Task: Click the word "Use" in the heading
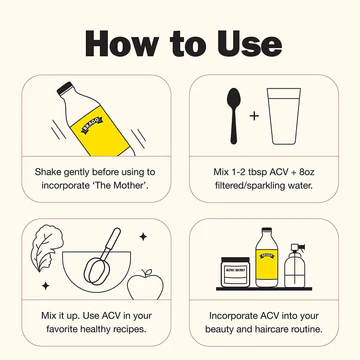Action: tap(249, 44)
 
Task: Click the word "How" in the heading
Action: tap(121, 44)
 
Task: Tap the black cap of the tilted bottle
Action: tap(65, 88)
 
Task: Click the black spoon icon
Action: tap(234, 116)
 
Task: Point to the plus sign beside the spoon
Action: tap(254, 116)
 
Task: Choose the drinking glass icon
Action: tap(284, 116)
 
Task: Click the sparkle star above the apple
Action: tap(143, 237)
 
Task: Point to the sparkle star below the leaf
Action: tap(46, 286)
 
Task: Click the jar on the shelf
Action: tap(235, 272)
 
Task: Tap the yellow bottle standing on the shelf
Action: tap(266, 257)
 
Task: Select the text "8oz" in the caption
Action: tap(307, 172)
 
